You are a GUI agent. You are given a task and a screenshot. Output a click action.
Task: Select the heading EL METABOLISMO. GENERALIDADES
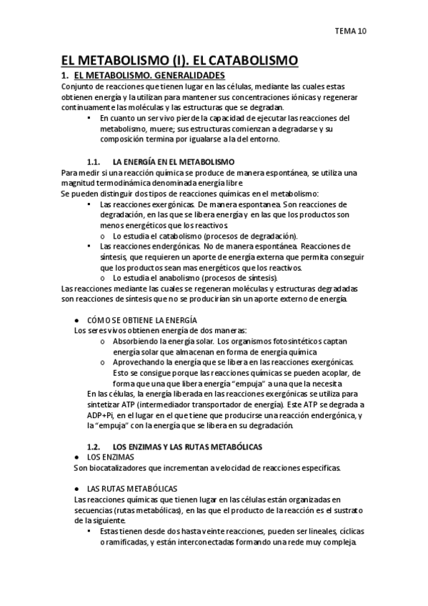click(x=149, y=75)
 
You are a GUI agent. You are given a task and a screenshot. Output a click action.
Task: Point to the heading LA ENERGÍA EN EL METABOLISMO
click(x=174, y=162)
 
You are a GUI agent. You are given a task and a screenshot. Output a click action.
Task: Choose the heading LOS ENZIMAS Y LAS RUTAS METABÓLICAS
click(x=188, y=446)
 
